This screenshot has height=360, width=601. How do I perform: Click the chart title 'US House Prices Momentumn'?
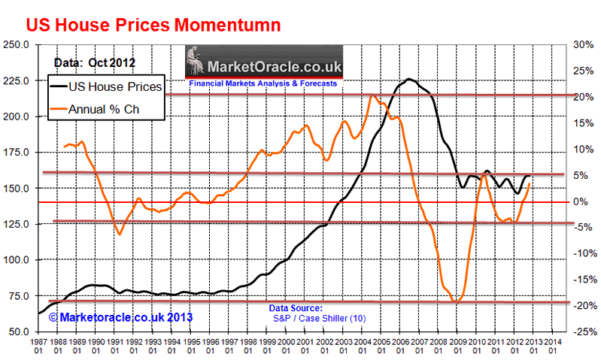pos(153,24)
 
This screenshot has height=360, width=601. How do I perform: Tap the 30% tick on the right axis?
pos(584,44)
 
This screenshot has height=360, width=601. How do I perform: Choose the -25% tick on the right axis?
pos(584,331)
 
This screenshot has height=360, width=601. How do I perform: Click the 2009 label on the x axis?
pos(458,345)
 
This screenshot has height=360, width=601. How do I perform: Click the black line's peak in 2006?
pos(408,79)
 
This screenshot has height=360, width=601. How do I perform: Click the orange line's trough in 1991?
pos(119,234)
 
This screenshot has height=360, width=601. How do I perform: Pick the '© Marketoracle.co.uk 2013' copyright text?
pos(120,317)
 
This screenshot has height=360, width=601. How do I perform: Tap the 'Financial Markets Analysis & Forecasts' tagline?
pos(263,83)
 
